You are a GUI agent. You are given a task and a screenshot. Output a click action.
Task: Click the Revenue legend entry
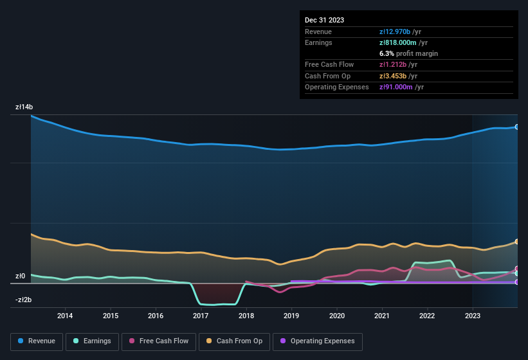point(37,341)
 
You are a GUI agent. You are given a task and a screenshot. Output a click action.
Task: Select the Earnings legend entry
point(92,341)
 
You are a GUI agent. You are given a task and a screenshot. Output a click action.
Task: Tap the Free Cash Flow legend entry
point(159,341)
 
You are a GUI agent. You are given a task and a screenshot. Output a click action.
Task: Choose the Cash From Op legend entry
point(235,341)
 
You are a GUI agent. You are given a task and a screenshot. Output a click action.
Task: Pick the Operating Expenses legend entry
point(318,341)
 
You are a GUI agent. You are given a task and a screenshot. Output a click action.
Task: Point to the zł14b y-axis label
point(24,107)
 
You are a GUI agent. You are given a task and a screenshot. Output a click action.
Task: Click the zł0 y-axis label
point(20,276)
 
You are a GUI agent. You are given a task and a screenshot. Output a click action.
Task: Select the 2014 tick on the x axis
point(65,316)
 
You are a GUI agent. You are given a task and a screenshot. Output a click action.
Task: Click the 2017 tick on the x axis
point(201,316)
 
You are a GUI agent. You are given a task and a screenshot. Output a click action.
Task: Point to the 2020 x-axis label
point(336,316)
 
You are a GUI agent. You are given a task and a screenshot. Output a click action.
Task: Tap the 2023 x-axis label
point(472,316)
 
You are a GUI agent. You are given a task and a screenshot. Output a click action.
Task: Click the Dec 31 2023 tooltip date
point(324,20)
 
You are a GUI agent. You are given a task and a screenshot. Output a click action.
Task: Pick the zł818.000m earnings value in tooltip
point(400,42)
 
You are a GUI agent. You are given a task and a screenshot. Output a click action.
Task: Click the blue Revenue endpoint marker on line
point(517,127)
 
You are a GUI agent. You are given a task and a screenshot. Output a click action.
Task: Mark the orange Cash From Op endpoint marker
point(517,242)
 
